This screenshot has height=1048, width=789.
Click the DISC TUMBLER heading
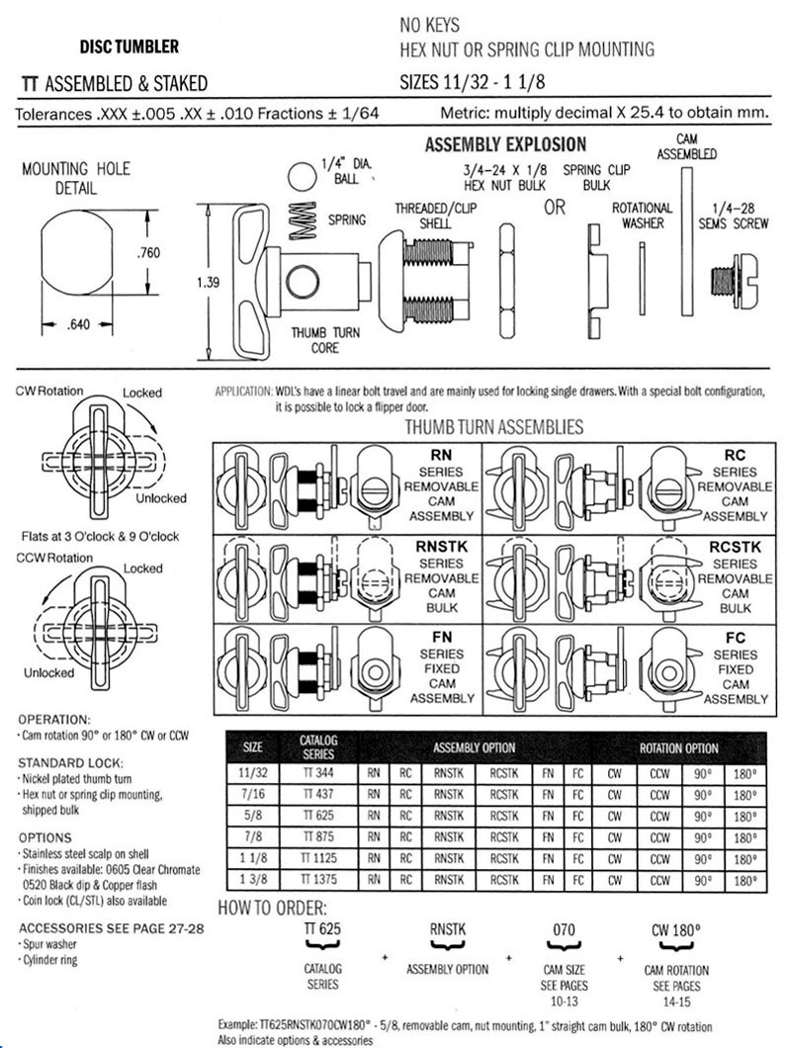coord(129,46)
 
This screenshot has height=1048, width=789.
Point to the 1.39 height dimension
coord(209,283)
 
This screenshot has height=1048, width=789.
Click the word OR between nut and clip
coord(555,208)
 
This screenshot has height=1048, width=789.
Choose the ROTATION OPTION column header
coord(679,748)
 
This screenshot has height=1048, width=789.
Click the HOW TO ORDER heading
coord(271,908)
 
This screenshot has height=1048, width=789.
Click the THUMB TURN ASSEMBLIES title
coord(494,427)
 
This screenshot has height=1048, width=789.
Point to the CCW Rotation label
coord(55,559)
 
